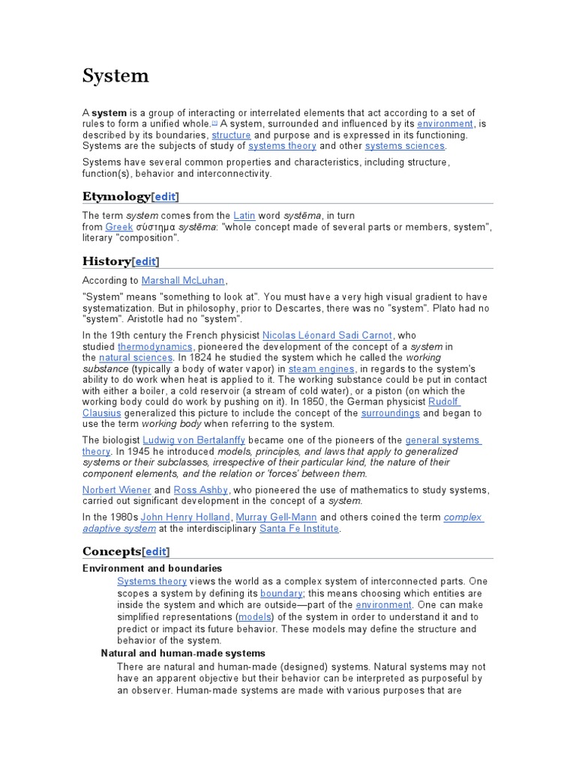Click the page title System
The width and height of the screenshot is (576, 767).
tap(115, 76)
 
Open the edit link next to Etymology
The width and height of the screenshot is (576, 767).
tap(165, 196)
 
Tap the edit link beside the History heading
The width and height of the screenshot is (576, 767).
tap(145, 261)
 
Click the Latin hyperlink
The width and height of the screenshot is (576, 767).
tap(244, 216)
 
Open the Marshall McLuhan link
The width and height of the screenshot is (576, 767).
tap(183, 280)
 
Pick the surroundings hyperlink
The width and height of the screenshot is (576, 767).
tap(390, 413)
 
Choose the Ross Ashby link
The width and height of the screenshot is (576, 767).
tap(201, 490)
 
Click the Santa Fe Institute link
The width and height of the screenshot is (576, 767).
tap(299, 528)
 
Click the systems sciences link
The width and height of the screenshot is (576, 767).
tap(405, 145)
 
